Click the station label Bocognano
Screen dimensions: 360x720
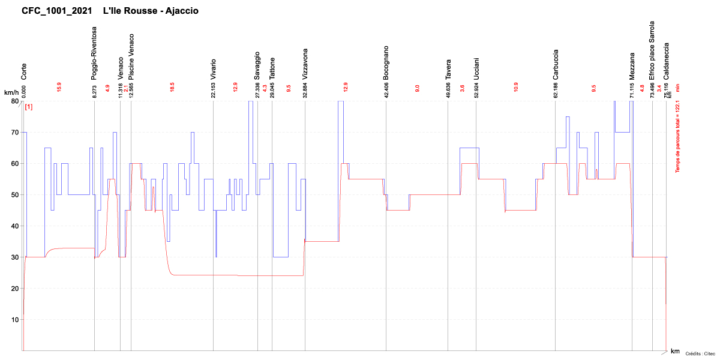tap(386, 63)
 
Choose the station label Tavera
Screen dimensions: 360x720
tap(448, 69)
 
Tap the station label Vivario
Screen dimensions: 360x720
tap(213, 69)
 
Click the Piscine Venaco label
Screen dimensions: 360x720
tap(131, 57)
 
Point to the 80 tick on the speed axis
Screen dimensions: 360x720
tap(14, 101)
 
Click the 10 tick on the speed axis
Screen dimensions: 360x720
tap(14, 319)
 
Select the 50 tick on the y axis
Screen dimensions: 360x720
tap(14, 194)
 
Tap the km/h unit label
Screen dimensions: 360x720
tap(11, 92)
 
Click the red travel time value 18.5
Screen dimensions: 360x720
tap(172, 87)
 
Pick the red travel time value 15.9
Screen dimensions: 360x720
tap(59, 87)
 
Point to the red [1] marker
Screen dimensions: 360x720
tap(28, 107)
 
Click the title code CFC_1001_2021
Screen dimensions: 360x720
tap(57, 11)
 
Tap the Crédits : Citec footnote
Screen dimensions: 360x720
tap(700, 354)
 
